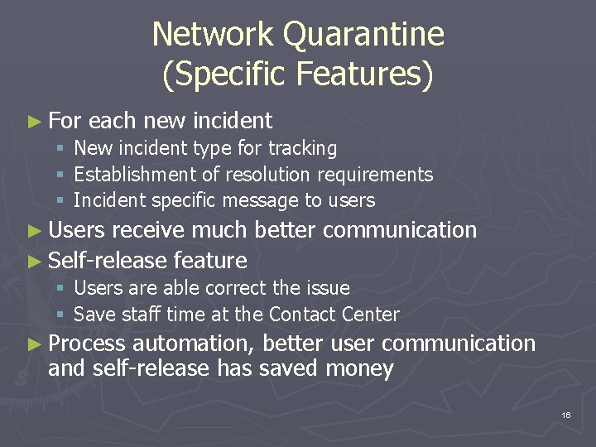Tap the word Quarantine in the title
(x=364, y=35)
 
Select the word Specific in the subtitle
(x=233, y=74)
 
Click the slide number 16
(x=565, y=414)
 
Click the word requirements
(x=378, y=175)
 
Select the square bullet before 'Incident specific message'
(x=61, y=200)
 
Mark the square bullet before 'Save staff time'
(x=61, y=315)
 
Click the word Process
(x=86, y=344)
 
